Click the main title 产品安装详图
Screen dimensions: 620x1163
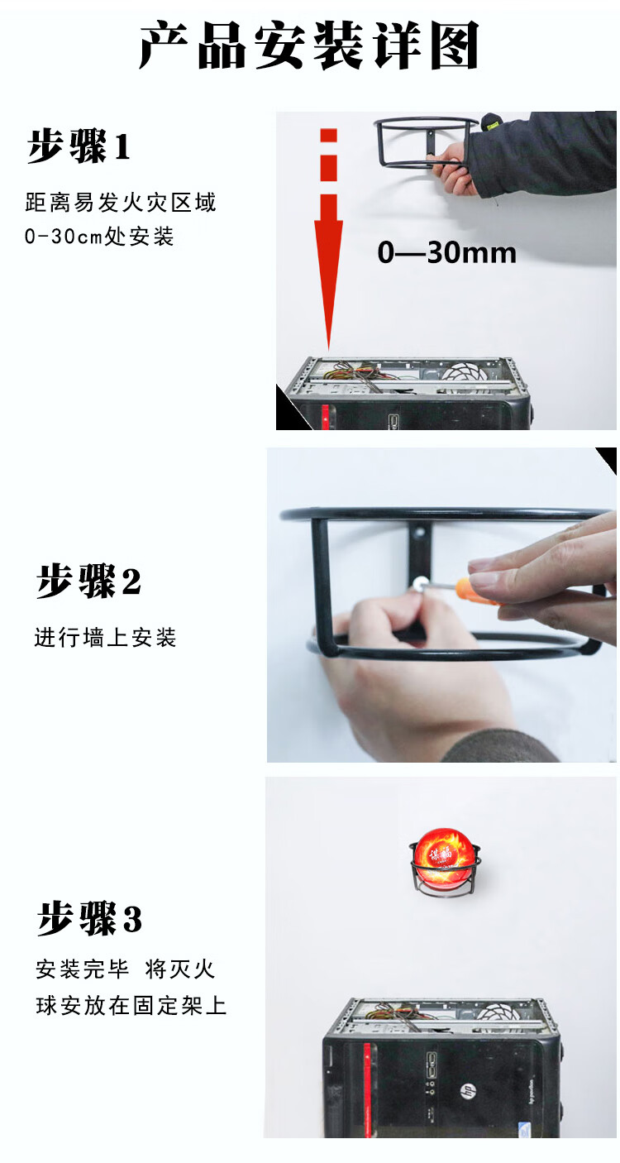click(x=308, y=45)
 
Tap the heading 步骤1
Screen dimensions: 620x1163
click(x=79, y=146)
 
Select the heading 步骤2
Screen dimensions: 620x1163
click(x=88, y=581)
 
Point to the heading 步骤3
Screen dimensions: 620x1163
click(x=88, y=918)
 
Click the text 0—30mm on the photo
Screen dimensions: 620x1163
click(x=446, y=252)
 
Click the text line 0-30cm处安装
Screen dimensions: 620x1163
click(x=99, y=237)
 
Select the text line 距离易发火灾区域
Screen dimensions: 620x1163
click(x=121, y=203)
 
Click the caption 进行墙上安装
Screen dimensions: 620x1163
click(x=105, y=638)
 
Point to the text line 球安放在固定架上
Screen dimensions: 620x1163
click(x=131, y=1006)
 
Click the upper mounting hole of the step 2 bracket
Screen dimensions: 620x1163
click(x=419, y=533)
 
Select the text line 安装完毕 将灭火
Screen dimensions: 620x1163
click(x=125, y=969)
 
